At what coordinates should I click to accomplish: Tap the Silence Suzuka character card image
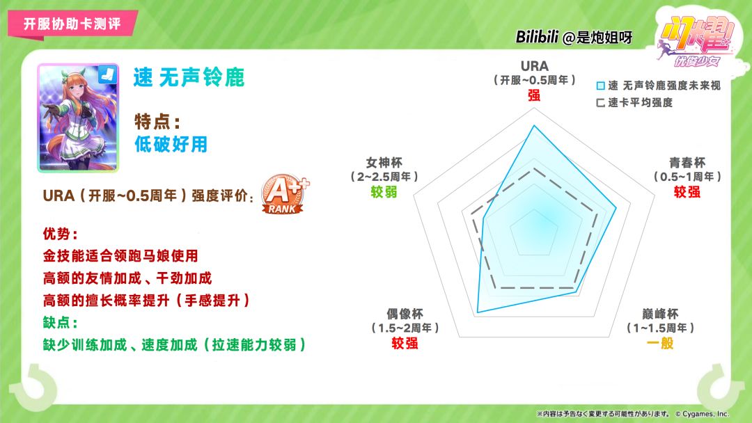(x=78, y=118)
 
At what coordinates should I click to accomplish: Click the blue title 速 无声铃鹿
(x=189, y=77)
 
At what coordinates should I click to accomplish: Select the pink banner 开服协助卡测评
(x=72, y=24)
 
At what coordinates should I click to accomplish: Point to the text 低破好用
(x=171, y=144)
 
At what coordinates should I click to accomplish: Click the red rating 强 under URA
(x=534, y=95)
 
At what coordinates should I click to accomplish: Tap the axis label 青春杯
(x=687, y=162)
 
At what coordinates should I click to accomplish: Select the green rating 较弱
(x=384, y=192)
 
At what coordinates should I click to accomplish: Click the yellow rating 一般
(x=660, y=343)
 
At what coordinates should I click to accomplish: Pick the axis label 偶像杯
(x=405, y=314)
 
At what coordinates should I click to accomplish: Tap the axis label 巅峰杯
(x=660, y=314)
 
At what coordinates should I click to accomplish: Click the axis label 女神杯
(x=384, y=162)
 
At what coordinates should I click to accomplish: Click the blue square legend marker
(x=600, y=86)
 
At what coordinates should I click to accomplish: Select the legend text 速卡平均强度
(x=641, y=102)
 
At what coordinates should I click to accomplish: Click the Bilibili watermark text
(x=574, y=37)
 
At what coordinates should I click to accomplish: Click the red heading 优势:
(x=61, y=234)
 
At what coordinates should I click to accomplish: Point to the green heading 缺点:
(x=61, y=322)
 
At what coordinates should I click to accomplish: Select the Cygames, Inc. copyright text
(x=702, y=414)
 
